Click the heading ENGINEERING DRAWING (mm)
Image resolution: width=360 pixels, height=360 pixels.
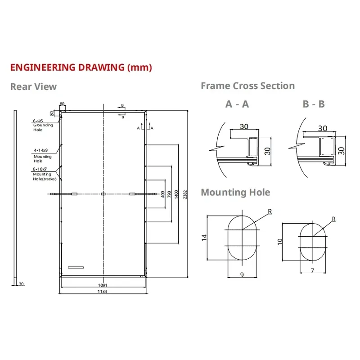[81, 67]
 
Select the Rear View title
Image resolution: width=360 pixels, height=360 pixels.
[33, 87]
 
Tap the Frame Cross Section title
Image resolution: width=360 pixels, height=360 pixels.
[248, 86]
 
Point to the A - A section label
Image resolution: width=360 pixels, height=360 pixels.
[237, 104]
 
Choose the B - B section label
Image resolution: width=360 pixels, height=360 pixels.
[314, 104]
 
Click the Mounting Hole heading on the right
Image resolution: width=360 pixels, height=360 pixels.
[235, 193]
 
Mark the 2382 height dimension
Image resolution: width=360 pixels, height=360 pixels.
[185, 194]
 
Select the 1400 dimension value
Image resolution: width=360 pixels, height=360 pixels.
[176, 194]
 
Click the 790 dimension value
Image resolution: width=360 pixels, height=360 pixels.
[170, 194]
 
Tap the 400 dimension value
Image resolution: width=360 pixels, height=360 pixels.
[163, 194]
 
